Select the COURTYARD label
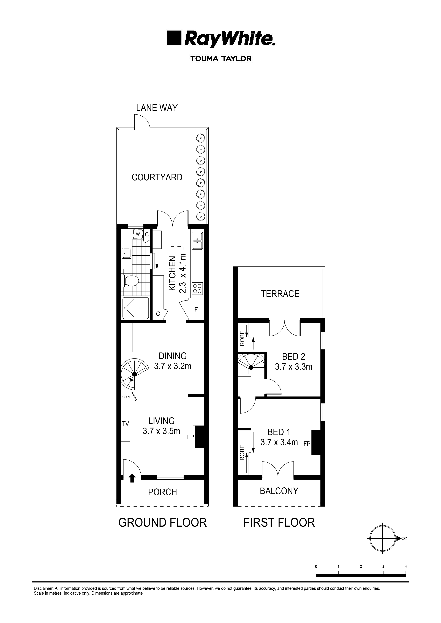[x=157, y=177]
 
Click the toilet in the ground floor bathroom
[x=131, y=281]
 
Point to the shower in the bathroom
[x=135, y=308]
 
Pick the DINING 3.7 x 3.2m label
[x=173, y=361]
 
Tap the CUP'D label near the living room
[x=127, y=397]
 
